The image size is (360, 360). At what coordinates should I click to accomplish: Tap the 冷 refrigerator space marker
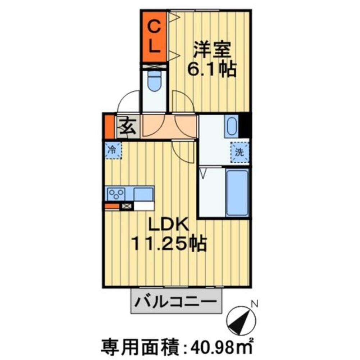click(113, 150)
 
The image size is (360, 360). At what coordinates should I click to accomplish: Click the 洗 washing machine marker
click(240, 152)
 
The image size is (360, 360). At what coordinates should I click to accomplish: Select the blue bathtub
click(237, 193)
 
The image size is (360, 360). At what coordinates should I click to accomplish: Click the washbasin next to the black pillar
click(232, 126)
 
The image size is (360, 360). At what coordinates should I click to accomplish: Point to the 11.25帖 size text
click(169, 244)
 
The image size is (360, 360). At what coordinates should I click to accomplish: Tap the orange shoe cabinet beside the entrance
click(109, 126)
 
